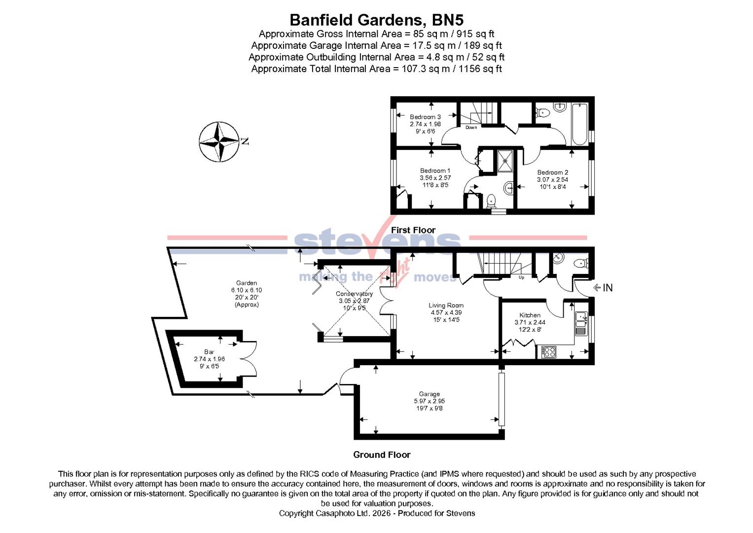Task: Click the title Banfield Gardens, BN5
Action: click(x=376, y=20)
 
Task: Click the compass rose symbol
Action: click(x=219, y=142)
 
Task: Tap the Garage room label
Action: click(x=429, y=394)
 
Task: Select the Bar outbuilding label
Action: click(x=209, y=352)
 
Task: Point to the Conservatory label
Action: click(x=354, y=294)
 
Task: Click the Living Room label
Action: click(x=446, y=305)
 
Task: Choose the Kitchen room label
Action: click(x=530, y=315)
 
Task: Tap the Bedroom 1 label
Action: click(x=435, y=171)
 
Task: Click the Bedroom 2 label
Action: click(x=552, y=172)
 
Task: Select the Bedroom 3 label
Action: click(x=425, y=117)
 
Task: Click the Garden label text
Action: click(x=247, y=283)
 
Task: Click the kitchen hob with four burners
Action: click(x=548, y=351)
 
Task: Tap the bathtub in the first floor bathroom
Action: click(x=578, y=124)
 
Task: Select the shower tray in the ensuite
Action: click(x=504, y=160)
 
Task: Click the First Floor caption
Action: click(x=413, y=230)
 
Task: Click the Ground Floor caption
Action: click(x=382, y=455)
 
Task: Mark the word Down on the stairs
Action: click(x=471, y=127)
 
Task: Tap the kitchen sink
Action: click(x=580, y=319)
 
